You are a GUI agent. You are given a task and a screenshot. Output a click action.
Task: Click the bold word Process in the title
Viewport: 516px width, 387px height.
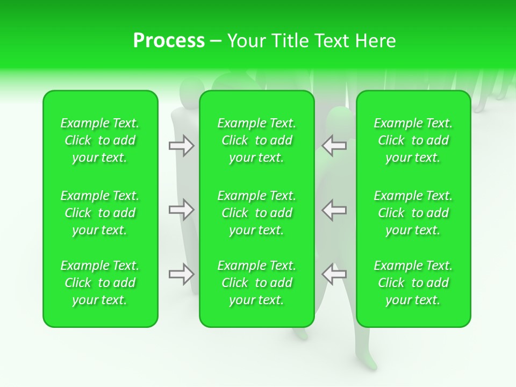tap(169, 41)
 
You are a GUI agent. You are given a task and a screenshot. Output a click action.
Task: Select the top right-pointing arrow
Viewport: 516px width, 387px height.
tap(182, 146)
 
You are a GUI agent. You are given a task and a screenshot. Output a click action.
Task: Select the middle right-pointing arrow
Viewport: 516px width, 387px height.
tap(182, 210)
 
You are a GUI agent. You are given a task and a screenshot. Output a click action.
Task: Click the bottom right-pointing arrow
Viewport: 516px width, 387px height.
tap(182, 274)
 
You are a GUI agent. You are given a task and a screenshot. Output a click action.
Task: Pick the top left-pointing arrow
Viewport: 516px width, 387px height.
tap(334, 146)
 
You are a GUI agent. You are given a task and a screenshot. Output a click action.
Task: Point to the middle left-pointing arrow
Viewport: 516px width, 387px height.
tap(334, 210)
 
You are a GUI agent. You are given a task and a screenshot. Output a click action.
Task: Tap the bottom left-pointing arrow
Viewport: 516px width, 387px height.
tap(334, 274)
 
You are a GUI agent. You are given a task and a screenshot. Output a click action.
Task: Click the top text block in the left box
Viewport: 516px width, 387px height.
tap(100, 140)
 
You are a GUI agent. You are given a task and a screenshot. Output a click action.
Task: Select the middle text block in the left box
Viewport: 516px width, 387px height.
tap(100, 213)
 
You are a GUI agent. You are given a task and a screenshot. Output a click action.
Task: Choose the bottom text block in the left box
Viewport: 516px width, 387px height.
tap(100, 283)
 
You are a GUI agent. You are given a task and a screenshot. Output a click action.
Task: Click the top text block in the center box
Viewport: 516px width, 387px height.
tap(257, 140)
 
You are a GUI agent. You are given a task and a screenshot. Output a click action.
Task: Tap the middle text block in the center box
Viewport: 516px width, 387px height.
tap(257, 213)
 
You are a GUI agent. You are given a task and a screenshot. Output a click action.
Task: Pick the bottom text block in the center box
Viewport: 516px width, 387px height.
tap(257, 283)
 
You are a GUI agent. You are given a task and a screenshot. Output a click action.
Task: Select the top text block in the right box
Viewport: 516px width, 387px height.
tap(413, 140)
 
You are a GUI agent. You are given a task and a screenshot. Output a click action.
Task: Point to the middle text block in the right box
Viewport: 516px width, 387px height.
tap(413, 213)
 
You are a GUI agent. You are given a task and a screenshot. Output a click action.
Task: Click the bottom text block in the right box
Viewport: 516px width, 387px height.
tap(413, 283)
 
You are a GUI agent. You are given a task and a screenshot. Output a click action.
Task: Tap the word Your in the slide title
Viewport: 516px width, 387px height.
tap(246, 41)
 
